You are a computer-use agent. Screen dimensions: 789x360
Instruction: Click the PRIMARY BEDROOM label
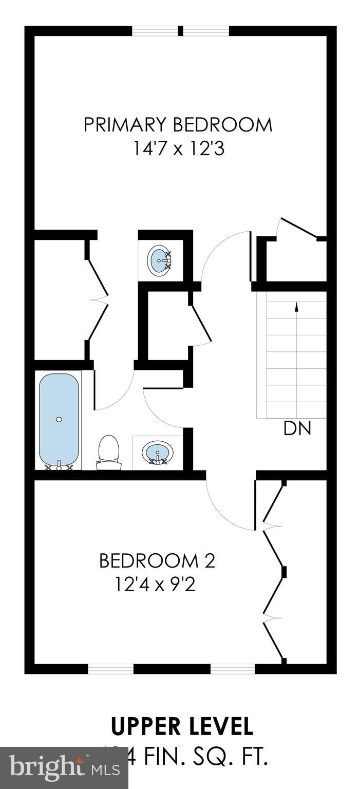click(x=178, y=125)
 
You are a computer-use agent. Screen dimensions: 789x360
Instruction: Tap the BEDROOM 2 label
click(x=157, y=560)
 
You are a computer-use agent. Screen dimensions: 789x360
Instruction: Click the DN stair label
click(x=297, y=429)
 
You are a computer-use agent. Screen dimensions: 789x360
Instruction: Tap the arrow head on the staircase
click(x=296, y=306)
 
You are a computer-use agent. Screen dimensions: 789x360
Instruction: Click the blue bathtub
click(x=59, y=419)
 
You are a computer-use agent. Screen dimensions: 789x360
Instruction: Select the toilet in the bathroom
click(x=108, y=452)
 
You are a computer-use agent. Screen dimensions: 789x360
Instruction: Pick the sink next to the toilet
click(x=158, y=453)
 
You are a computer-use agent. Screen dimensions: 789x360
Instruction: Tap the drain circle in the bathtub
click(x=59, y=420)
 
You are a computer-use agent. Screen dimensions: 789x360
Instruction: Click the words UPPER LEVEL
click(x=182, y=727)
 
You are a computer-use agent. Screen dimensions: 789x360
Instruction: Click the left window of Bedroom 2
click(x=110, y=668)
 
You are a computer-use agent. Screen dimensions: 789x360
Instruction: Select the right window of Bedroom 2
click(x=233, y=668)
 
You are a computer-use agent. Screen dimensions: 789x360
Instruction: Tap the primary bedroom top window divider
click(x=180, y=31)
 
